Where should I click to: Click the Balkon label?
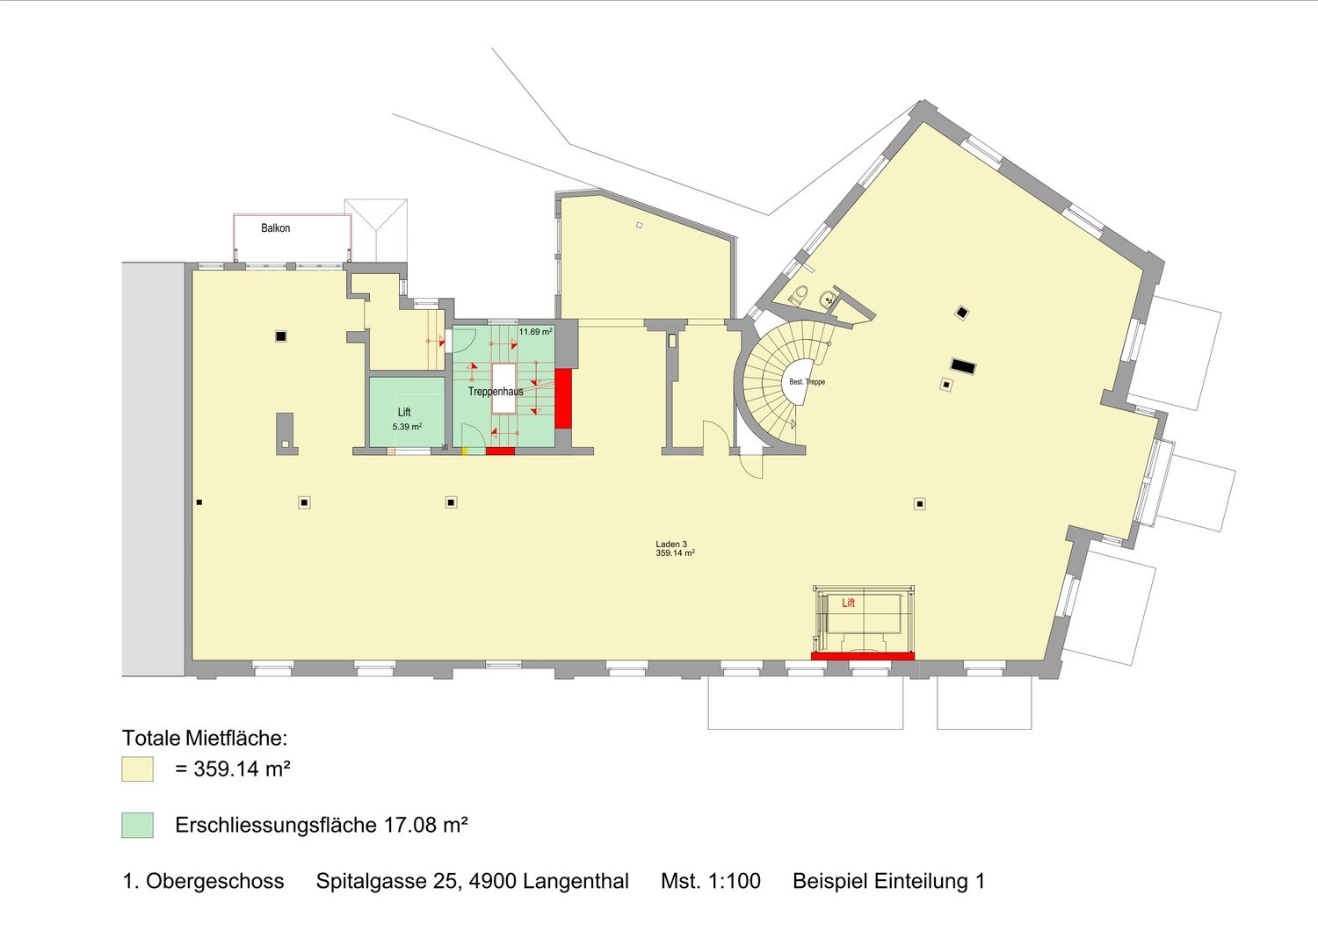[275, 227]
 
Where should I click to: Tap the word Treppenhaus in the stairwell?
[496, 391]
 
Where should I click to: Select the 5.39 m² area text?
[407, 426]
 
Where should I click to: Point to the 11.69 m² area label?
[535, 332]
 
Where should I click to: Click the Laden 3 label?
[671, 544]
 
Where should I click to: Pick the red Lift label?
[849, 603]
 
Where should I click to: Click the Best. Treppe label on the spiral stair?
[807, 382]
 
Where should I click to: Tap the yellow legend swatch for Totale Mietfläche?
[138, 769]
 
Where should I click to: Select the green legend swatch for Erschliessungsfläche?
[138, 825]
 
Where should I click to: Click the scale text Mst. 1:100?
[711, 881]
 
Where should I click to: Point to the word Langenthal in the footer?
[576, 881]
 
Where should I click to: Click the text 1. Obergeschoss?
[204, 881]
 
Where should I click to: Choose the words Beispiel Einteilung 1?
[888, 881]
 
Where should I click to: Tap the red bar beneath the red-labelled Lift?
[863, 656]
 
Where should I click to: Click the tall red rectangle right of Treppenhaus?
[563, 398]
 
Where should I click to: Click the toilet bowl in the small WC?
[800, 294]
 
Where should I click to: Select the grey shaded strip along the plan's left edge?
[154, 469]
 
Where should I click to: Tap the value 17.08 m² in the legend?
[426, 825]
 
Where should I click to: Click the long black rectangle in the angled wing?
[963, 366]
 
